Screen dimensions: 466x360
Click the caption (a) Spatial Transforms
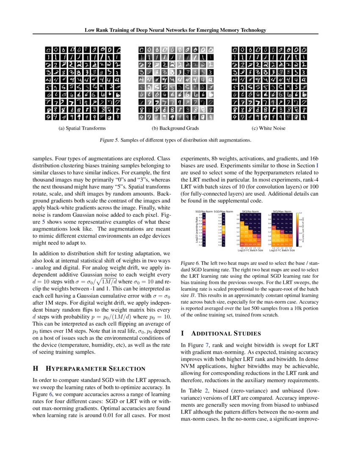(82, 128)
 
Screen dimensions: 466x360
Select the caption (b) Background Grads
(175, 128)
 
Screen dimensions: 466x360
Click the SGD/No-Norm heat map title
(204, 211)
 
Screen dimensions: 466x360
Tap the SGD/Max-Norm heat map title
(223, 211)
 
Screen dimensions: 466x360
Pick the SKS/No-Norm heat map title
(250, 211)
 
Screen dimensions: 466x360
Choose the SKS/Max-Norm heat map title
(282, 211)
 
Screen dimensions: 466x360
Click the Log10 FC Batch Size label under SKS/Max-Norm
(282, 250)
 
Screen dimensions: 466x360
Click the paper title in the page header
(175, 30)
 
